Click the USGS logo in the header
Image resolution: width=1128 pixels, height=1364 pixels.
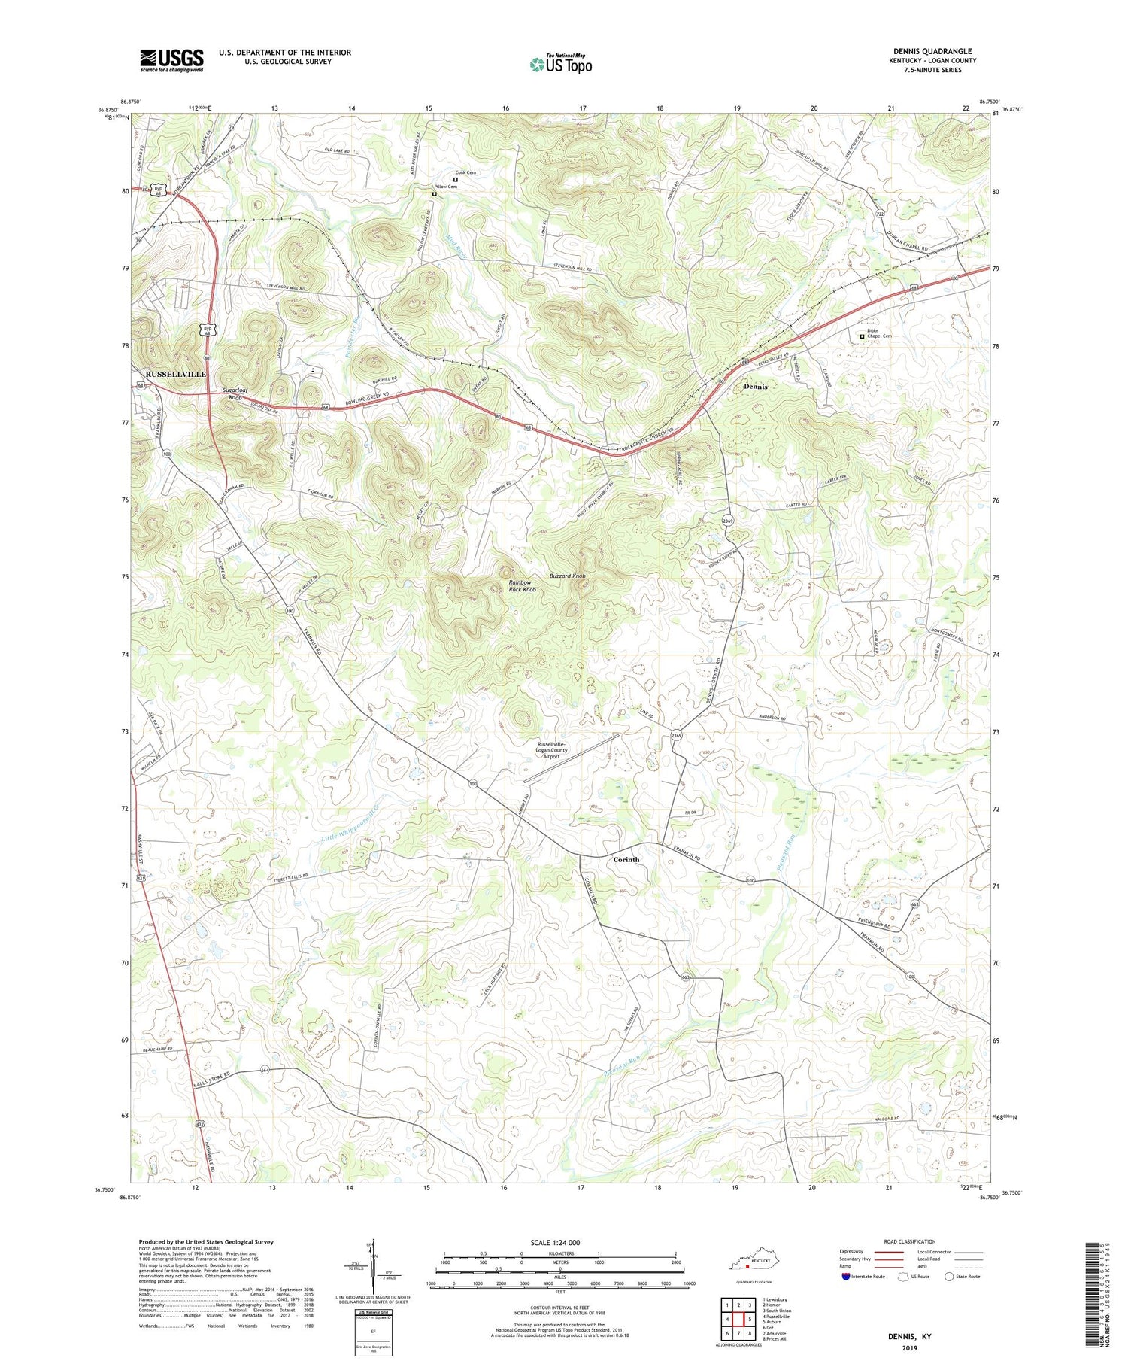(171, 60)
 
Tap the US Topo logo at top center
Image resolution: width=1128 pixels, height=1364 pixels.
(560, 65)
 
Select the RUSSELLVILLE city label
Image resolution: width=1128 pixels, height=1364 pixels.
(175, 374)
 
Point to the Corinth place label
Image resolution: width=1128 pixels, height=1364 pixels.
(626, 859)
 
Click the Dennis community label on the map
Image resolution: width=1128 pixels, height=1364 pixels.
(755, 386)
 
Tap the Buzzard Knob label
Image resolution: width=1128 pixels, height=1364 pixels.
(567, 576)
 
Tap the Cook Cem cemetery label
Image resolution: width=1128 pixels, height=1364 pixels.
(465, 172)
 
